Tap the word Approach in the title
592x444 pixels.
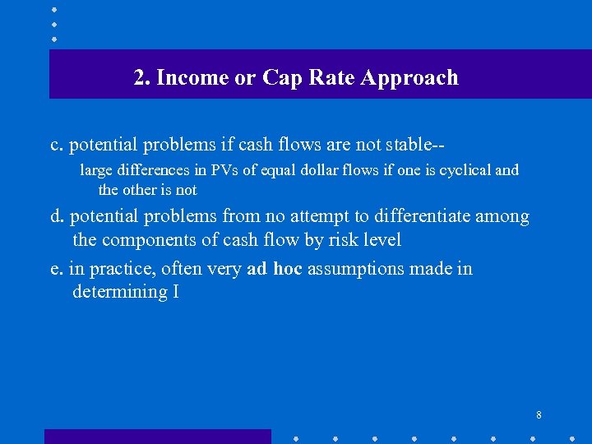pyautogui.click(x=409, y=78)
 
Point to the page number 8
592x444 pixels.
pyautogui.click(x=539, y=415)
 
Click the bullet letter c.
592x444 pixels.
pyautogui.click(x=57, y=146)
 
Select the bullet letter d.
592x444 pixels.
pyautogui.click(x=57, y=216)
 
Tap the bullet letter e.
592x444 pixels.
pyautogui.click(x=57, y=269)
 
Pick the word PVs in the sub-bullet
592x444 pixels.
pyautogui.click(x=225, y=170)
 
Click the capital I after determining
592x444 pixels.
pyautogui.click(x=176, y=292)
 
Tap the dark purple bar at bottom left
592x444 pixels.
pyautogui.click(x=157, y=437)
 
